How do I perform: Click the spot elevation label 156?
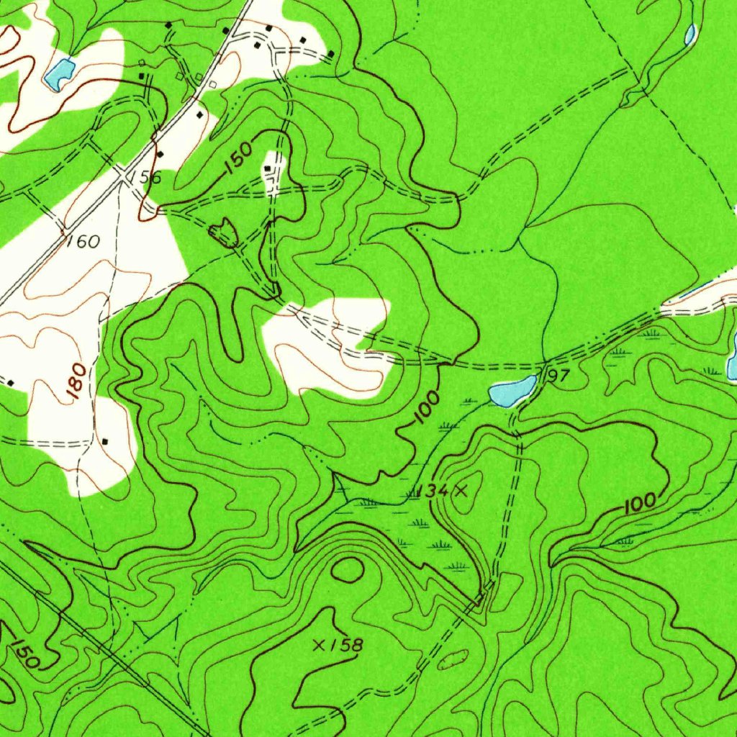click(147, 178)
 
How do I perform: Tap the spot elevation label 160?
click(83, 242)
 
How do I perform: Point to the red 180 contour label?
click(78, 381)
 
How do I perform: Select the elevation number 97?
click(559, 377)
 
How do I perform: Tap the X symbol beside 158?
click(320, 645)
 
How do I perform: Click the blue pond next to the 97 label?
click(512, 391)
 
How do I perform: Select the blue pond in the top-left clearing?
click(59, 73)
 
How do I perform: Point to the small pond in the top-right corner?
click(689, 34)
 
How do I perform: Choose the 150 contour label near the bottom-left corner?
click(25, 651)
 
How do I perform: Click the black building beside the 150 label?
click(268, 168)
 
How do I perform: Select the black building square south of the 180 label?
click(106, 440)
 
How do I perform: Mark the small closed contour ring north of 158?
click(348, 569)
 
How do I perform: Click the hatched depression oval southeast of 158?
click(453, 658)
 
